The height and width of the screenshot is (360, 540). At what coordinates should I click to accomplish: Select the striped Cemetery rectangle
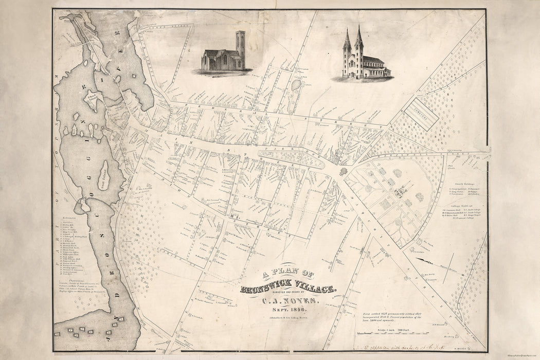420,113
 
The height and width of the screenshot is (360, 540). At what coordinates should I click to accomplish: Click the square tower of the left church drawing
240,49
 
